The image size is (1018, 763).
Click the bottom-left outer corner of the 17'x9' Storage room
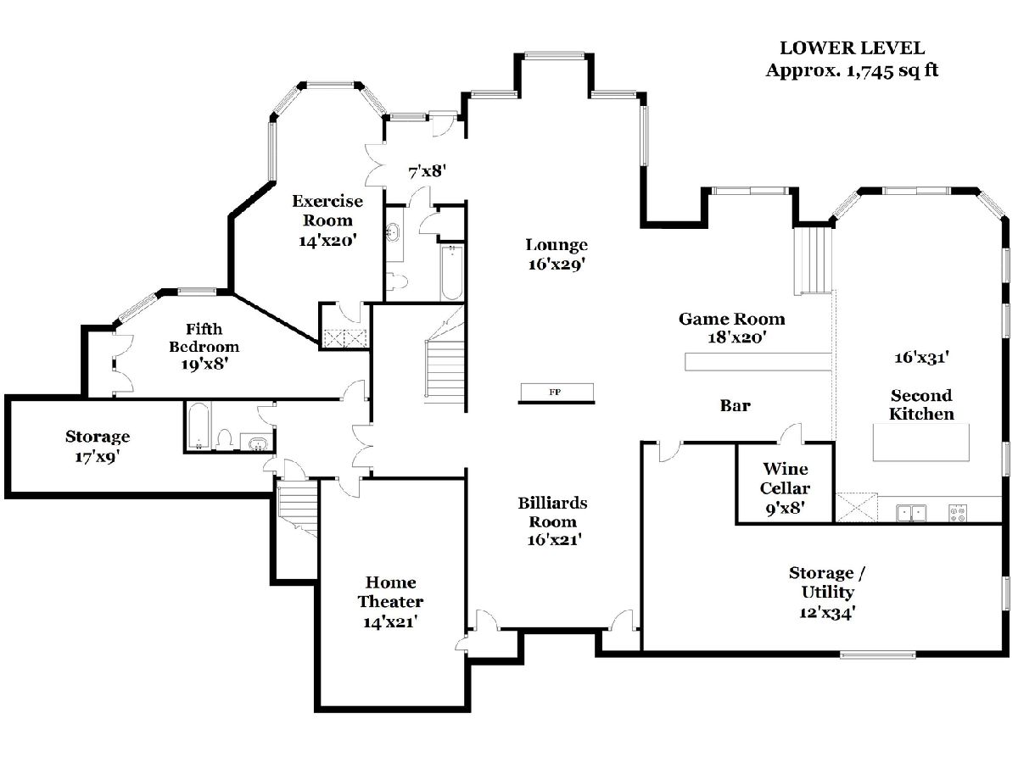click(5, 498)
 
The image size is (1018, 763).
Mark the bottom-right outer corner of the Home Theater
click(470, 712)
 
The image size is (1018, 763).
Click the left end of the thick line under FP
click(518, 403)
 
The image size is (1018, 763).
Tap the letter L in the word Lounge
click(530, 245)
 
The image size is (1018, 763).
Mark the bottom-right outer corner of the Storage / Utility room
click(1009, 657)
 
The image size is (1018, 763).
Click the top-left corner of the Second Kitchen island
click(873, 424)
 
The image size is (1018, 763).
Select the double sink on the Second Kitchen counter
click(911, 513)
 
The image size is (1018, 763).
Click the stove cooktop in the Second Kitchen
click(958, 513)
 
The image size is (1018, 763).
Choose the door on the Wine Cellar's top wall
click(791, 433)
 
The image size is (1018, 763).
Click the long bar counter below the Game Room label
click(758, 362)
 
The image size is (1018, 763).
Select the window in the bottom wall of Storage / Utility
click(878, 654)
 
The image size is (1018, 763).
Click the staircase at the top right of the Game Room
click(814, 261)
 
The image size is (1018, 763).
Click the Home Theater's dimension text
click(390, 622)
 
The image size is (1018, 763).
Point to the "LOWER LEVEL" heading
click(852, 48)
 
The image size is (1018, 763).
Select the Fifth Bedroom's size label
click(204, 365)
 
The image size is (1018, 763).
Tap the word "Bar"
click(736, 406)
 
